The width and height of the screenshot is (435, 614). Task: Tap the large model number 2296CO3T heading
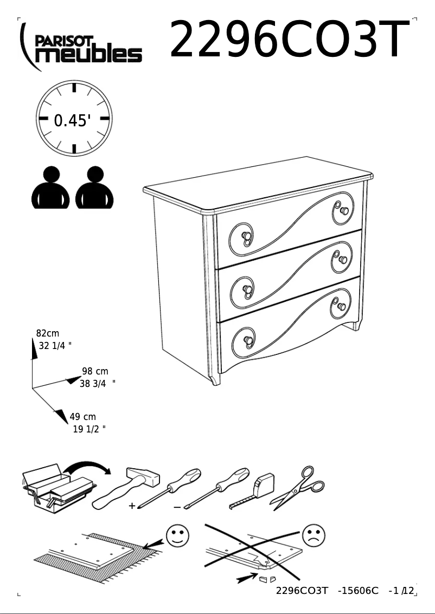pos(289,40)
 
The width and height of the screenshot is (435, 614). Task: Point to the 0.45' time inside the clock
pos(72,120)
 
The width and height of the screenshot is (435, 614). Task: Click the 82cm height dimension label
pos(48,333)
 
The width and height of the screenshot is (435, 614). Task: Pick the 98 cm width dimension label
pos(95,371)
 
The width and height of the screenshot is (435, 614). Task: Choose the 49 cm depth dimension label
pos(82,417)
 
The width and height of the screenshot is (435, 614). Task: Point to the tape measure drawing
pos(253,490)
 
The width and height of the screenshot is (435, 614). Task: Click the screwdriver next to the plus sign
pos(169,487)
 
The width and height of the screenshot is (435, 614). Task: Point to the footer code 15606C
pos(358,590)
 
